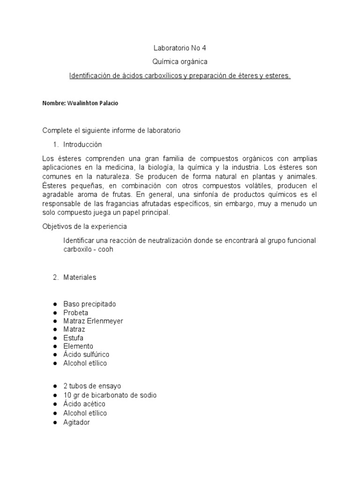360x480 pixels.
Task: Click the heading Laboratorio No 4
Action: coord(180,48)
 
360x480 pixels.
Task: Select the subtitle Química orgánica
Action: coord(180,62)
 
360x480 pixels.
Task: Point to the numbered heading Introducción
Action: coord(82,144)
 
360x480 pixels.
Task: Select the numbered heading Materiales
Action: coord(80,277)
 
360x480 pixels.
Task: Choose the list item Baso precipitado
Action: coord(90,304)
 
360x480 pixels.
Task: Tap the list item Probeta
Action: coord(76,313)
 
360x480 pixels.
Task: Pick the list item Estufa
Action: coord(74,338)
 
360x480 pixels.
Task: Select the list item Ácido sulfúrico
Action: coord(86,355)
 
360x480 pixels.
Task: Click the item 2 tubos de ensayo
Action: coord(92,386)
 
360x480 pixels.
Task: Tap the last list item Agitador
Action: coord(76,422)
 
